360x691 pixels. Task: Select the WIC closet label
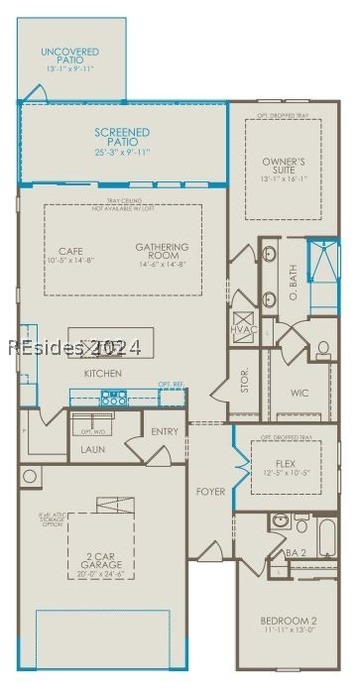tap(300, 393)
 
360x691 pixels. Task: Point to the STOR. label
tap(245, 381)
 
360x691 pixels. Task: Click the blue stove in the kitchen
tap(113, 399)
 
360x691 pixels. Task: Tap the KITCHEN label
tap(103, 373)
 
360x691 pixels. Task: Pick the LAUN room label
tap(92, 449)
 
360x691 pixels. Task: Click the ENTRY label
tap(165, 431)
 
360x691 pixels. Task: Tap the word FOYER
tap(209, 492)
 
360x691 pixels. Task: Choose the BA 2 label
tap(294, 552)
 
